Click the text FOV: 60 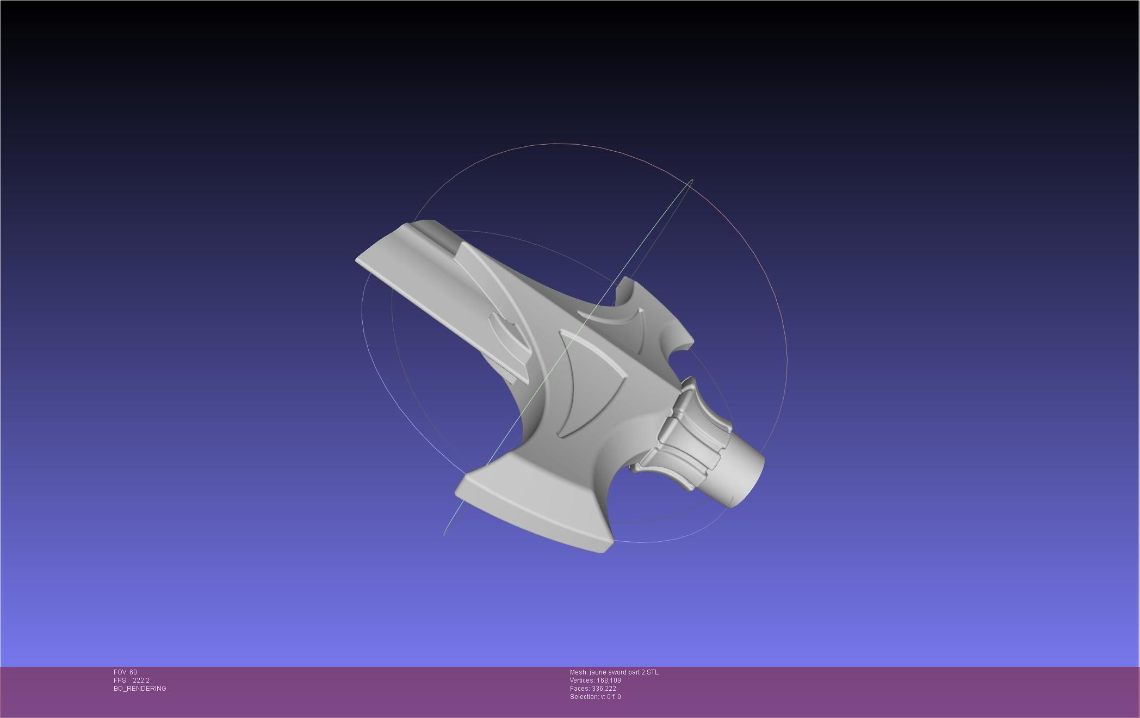click(x=125, y=672)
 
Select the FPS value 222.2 click(x=141, y=680)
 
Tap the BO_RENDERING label click(x=140, y=689)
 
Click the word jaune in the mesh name click(x=600, y=672)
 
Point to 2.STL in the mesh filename click(x=650, y=672)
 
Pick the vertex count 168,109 click(x=609, y=680)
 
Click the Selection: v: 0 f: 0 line click(x=595, y=697)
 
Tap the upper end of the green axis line click(x=691, y=180)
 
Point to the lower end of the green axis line click(x=445, y=534)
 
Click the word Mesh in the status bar click(x=579, y=672)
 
